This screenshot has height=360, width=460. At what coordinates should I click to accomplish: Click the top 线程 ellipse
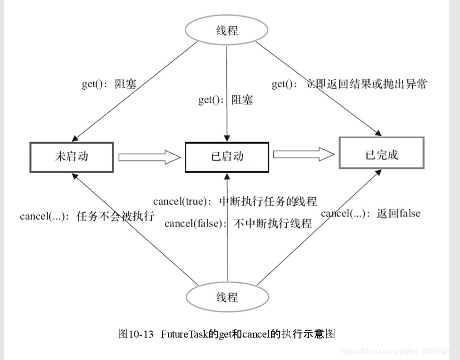coord(227,31)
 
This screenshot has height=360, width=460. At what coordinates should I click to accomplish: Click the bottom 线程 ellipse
coord(227,297)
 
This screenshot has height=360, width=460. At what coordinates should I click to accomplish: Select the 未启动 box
coord(72,157)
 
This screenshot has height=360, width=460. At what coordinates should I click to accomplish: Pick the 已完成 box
coord(381,153)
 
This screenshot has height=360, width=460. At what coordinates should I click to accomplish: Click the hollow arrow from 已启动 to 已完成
coord(304,154)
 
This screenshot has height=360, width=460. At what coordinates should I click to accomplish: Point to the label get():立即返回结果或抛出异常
coord(349,84)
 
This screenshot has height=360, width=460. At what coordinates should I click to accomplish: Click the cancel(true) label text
coord(235,201)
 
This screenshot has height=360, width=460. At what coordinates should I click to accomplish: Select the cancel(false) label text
coord(238,223)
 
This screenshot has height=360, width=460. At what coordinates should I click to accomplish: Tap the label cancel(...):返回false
coord(370,213)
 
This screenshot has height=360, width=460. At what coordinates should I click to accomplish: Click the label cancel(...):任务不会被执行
coord(87,217)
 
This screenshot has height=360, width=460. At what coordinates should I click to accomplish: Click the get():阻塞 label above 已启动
coord(225,100)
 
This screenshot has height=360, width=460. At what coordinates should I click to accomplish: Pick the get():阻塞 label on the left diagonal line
coord(109,84)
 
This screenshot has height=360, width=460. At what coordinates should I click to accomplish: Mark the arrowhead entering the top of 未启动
coord(74,139)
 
